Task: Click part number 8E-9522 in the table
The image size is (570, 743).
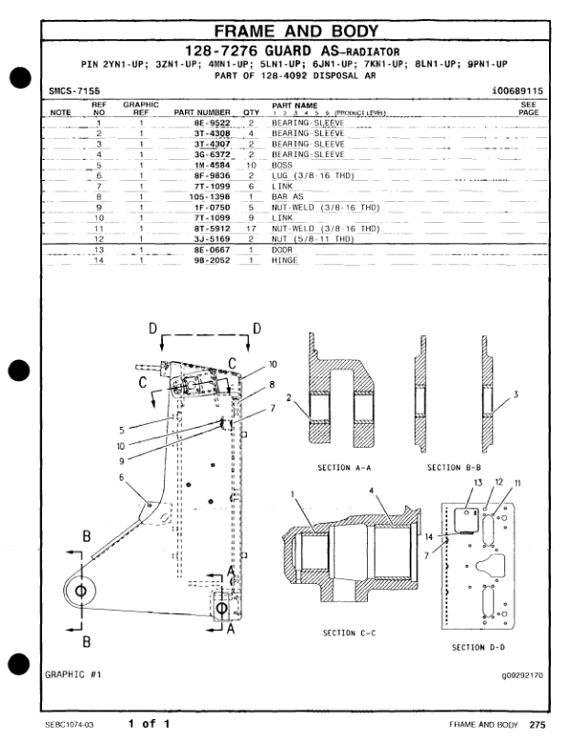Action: [212, 123]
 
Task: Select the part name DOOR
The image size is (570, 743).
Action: [282, 250]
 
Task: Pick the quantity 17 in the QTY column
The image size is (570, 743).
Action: [251, 229]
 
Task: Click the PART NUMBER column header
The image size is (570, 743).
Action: [202, 112]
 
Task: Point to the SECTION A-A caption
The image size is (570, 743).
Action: [344, 468]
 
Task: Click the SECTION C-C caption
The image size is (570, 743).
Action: [350, 633]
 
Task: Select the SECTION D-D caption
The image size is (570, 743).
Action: [478, 648]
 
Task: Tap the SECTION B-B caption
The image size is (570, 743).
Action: [454, 468]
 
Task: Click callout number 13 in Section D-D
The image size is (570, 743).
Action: [478, 482]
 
